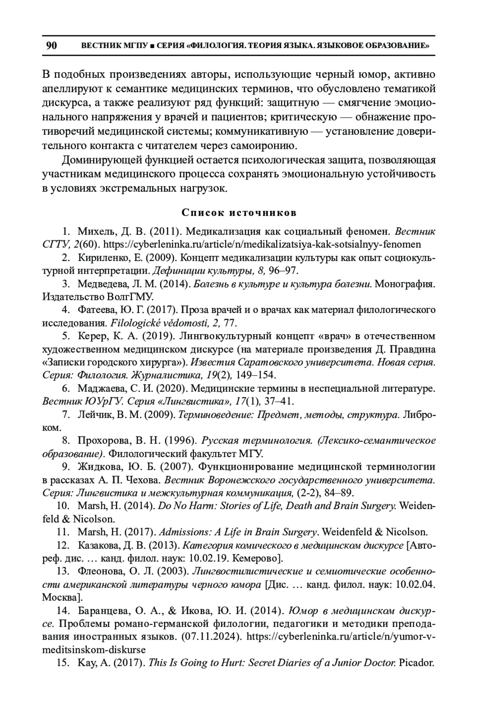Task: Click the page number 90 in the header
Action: click(51, 45)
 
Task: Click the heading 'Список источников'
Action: click(239, 212)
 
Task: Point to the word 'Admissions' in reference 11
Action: click(185, 532)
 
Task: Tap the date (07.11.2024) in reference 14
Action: click(211, 636)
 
